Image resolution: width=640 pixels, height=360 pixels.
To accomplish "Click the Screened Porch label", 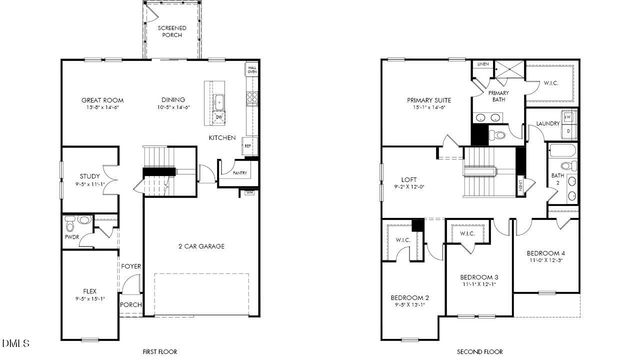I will [x=173, y=30].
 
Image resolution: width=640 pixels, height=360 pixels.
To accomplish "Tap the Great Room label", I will [x=101, y=100].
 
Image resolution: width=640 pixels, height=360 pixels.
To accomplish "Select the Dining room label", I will [x=175, y=100].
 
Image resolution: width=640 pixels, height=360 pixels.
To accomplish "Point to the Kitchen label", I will [x=222, y=137].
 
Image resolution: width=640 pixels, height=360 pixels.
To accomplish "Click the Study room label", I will [x=90, y=177].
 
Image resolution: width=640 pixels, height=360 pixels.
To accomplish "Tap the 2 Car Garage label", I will [x=200, y=245].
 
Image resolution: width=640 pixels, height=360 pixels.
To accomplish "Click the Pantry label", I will [x=240, y=173].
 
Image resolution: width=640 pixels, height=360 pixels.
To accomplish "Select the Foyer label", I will [x=131, y=266].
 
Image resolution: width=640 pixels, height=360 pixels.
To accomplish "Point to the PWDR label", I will [x=71, y=237].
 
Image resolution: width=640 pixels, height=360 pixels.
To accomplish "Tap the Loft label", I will [x=409, y=180].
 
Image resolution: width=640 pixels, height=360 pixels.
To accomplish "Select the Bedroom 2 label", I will [x=411, y=297].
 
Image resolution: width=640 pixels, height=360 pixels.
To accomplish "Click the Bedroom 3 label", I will [x=479, y=276].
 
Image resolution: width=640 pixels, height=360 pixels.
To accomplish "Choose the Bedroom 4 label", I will [x=546, y=253].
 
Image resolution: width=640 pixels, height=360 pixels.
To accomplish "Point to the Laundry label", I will [x=547, y=123].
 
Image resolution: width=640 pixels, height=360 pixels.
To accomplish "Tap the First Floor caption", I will [x=160, y=351].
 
